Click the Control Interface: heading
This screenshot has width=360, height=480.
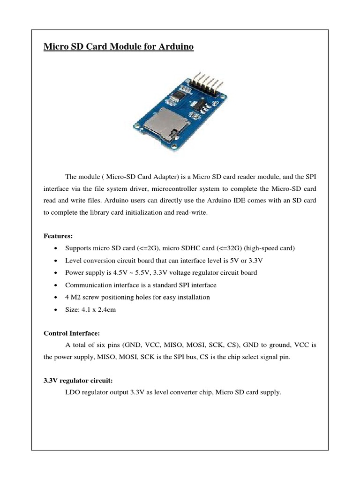71,333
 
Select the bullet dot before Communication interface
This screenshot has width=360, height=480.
56,285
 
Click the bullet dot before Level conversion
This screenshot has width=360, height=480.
56,261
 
